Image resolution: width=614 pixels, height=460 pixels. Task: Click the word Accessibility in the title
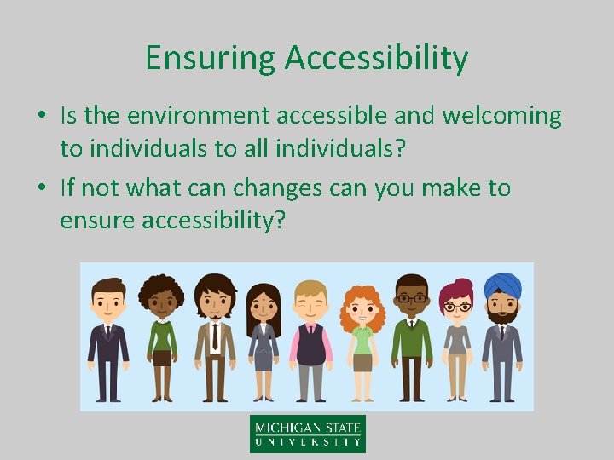[376, 58]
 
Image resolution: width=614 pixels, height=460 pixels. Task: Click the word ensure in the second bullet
[101, 221]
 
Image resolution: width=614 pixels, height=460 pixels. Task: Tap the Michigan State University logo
[307, 433]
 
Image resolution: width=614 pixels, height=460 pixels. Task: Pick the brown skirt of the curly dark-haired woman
[161, 358]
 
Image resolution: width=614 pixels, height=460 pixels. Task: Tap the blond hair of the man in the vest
[310, 286]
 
